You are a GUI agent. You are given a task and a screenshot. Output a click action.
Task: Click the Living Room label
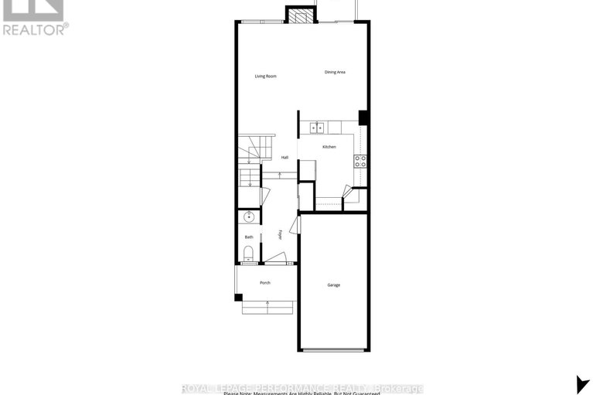[265, 76]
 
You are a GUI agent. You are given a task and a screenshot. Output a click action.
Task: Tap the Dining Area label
[335, 72]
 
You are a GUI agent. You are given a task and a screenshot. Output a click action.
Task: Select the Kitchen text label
[329, 147]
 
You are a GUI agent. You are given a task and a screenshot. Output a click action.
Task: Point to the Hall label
[285, 158]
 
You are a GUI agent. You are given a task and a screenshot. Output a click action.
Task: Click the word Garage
[333, 285]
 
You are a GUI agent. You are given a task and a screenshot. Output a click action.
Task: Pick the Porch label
[264, 282]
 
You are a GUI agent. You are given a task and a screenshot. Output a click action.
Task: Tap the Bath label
[249, 237]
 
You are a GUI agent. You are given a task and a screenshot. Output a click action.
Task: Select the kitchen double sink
[316, 128]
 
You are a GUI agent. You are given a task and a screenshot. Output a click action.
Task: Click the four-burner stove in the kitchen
[360, 161]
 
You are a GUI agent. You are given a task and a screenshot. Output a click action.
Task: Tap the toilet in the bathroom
[248, 254]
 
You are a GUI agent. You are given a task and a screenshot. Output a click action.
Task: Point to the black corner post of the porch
[237, 298]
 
